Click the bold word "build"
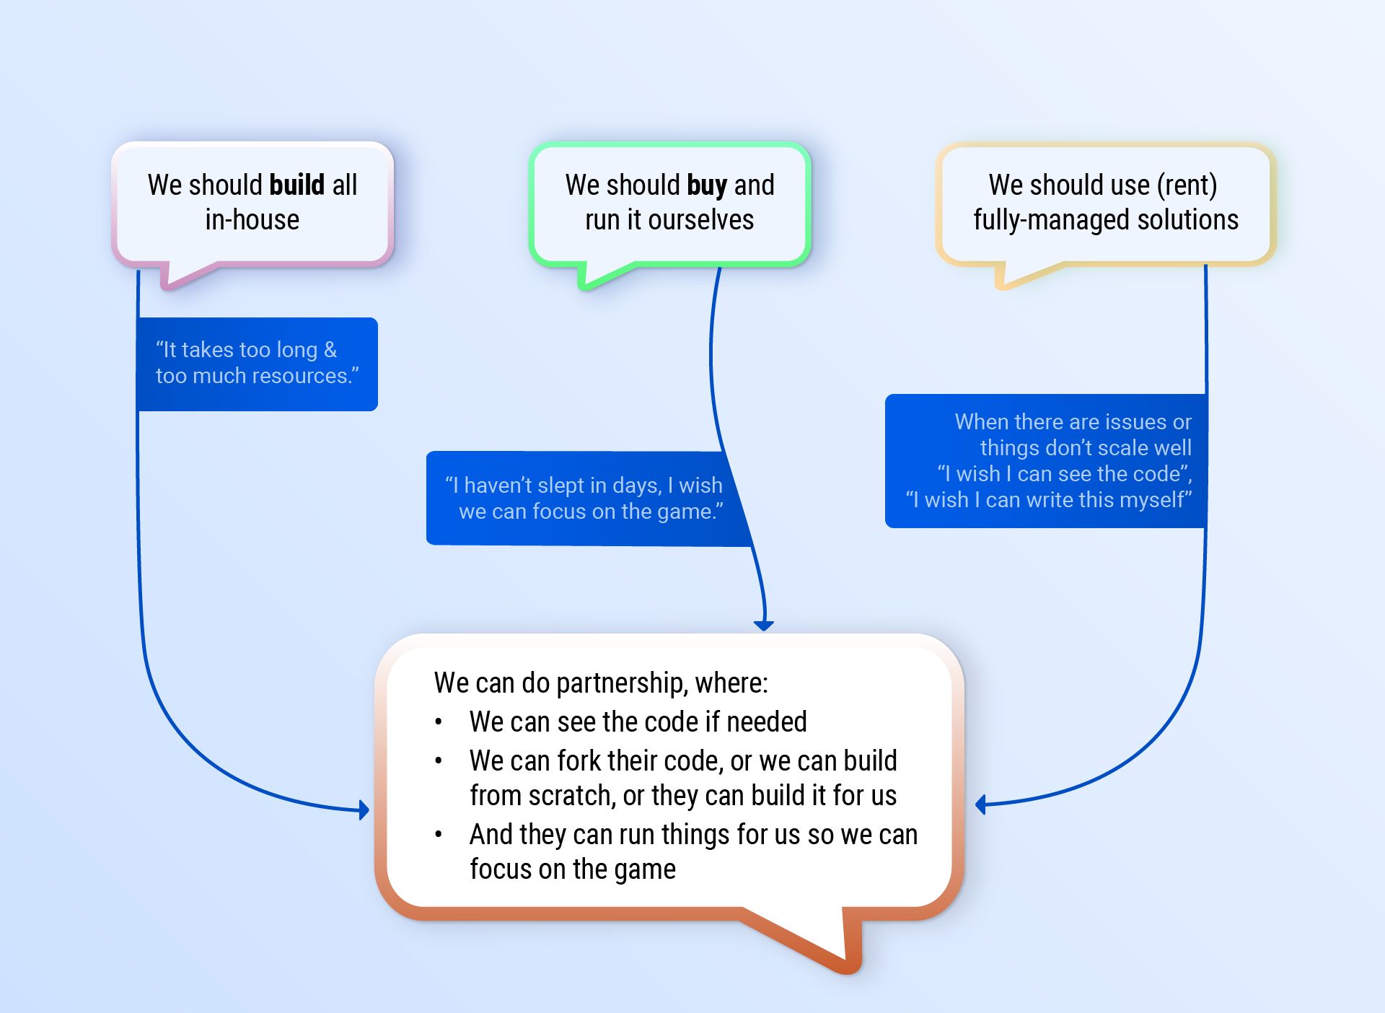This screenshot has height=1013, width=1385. click(x=296, y=185)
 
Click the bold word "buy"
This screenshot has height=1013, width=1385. click(x=707, y=186)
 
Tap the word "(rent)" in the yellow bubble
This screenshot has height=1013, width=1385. click(x=1187, y=185)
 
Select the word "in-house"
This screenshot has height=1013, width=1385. click(x=252, y=219)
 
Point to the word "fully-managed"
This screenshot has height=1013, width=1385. click(x=1052, y=220)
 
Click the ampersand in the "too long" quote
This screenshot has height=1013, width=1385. click(x=330, y=349)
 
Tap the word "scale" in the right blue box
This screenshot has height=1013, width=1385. click(x=1122, y=448)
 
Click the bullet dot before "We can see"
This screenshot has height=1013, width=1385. click(x=439, y=722)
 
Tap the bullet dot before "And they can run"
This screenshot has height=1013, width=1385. click(x=439, y=835)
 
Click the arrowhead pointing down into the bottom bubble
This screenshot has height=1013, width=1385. click(x=764, y=625)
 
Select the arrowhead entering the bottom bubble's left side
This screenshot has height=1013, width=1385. click(x=364, y=810)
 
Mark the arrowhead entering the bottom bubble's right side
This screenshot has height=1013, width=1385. click(x=980, y=804)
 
